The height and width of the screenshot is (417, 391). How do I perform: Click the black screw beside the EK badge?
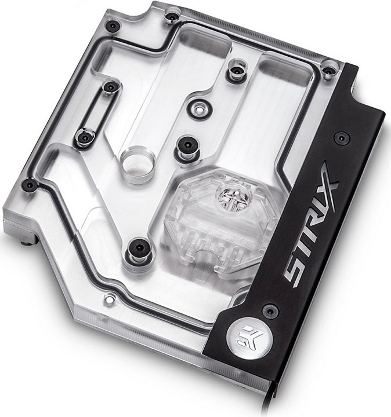tap(270, 310)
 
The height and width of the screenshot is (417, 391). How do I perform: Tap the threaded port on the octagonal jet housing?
tap(232, 197)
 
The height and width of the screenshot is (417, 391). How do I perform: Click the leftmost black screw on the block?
tap(30, 185)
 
